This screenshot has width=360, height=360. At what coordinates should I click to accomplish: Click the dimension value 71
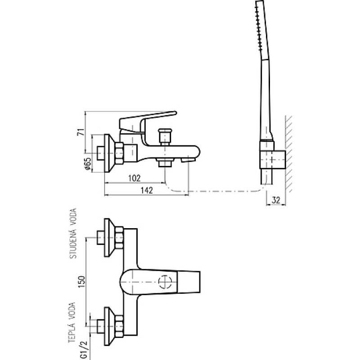pyautogui.click(x=81, y=132)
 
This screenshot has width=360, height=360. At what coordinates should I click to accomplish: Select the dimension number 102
pyautogui.click(x=134, y=178)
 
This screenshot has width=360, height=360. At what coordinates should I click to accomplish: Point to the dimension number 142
pyautogui.click(x=147, y=190)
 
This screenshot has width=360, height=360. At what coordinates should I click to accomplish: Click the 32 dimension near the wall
pyautogui.click(x=276, y=200)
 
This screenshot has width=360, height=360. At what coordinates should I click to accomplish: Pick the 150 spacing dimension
pyautogui.click(x=82, y=282)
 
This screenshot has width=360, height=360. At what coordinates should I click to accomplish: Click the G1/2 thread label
pyautogui.click(x=84, y=349)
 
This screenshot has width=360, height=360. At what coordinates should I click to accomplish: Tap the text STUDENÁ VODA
pyautogui.click(x=73, y=233)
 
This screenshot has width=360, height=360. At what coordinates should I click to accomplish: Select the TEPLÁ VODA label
pyautogui.click(x=72, y=322)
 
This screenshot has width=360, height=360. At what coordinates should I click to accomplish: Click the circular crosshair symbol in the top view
pyautogui.click(x=165, y=282)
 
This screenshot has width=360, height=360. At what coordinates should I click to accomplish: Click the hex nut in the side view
pyautogui.click(x=119, y=153)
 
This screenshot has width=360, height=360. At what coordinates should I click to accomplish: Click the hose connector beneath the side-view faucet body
pyautogui.click(x=164, y=162)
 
